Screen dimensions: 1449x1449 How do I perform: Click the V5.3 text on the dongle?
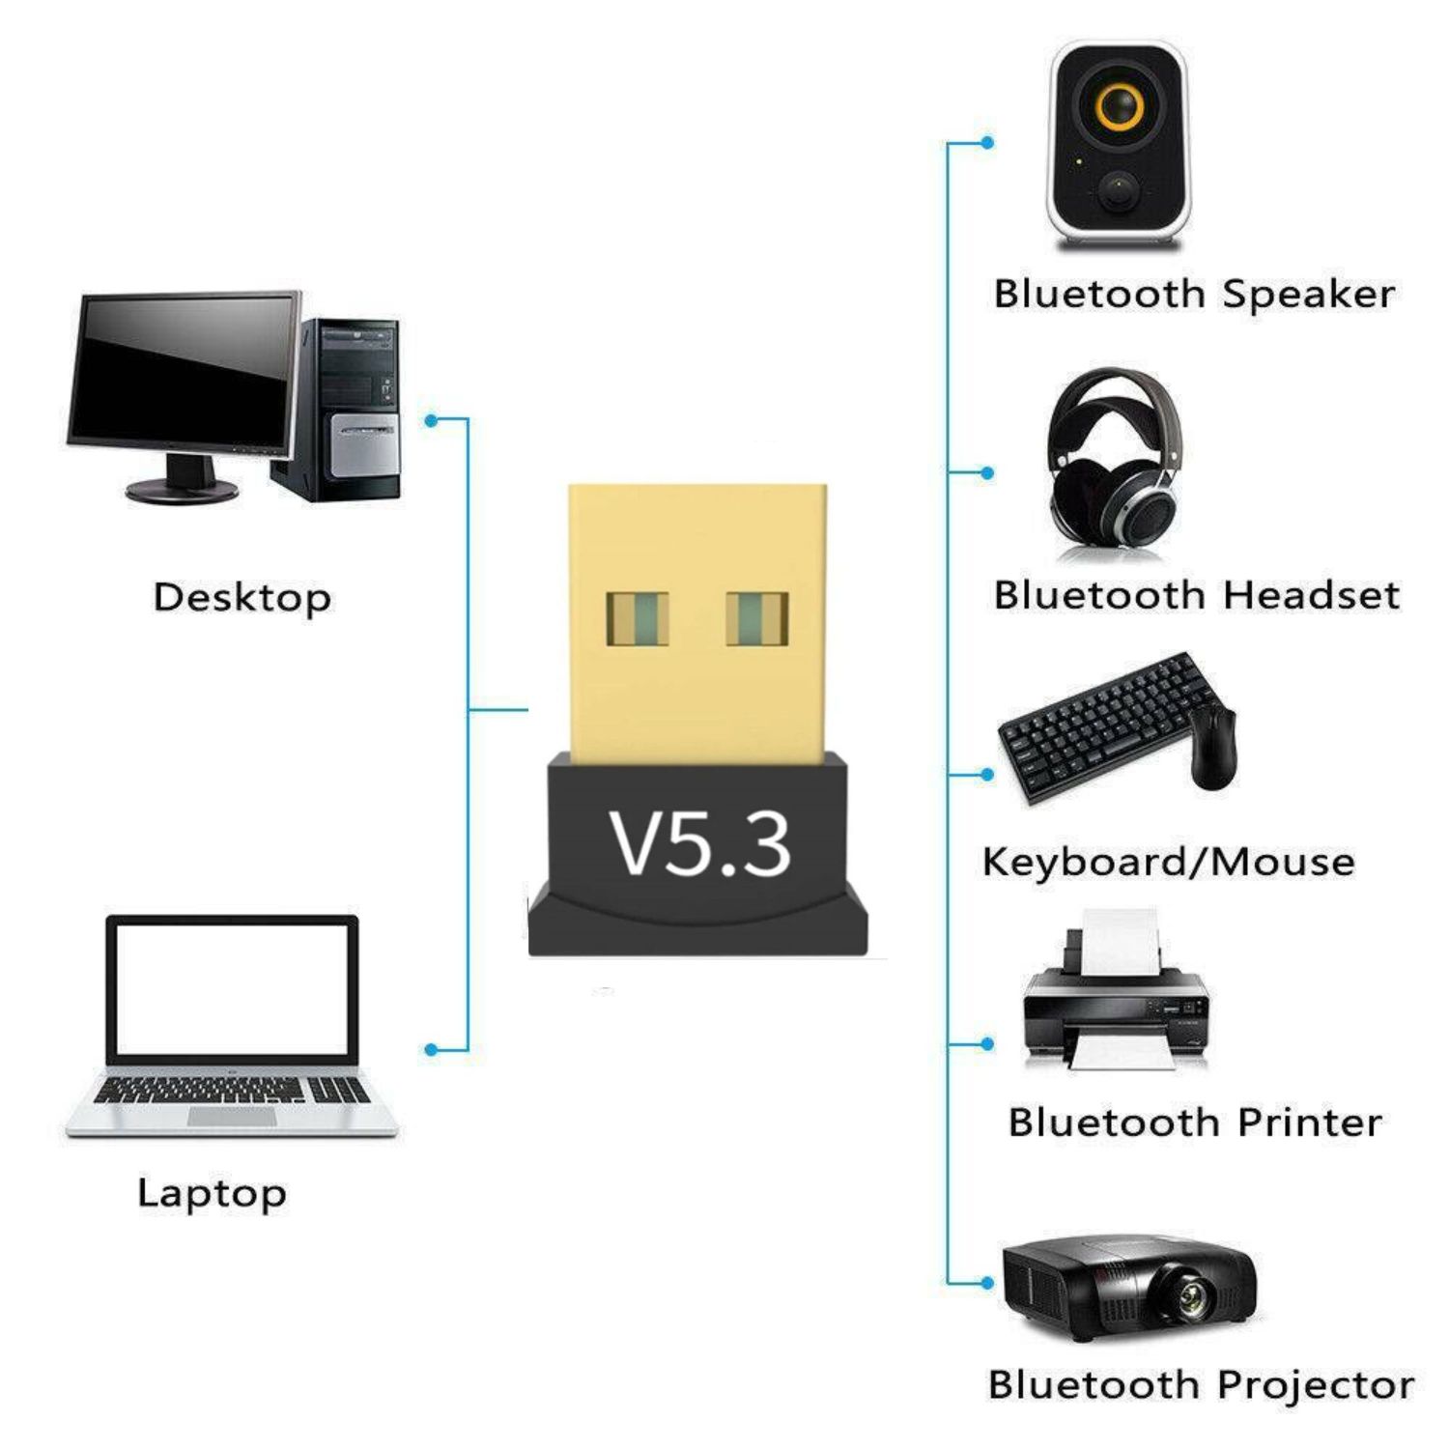[x=699, y=844]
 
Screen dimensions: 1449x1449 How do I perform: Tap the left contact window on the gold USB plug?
[x=638, y=618]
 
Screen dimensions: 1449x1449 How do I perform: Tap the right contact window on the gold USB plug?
[x=756, y=618]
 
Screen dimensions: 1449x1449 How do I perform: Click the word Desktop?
[x=241, y=597]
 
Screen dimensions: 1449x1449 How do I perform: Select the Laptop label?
[x=212, y=1193]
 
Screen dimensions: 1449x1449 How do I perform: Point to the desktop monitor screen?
[x=184, y=372]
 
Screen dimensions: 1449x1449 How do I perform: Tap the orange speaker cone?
[x=1119, y=105]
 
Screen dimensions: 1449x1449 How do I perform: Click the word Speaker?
[x=1308, y=294]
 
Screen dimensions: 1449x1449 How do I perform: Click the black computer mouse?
[x=1213, y=746]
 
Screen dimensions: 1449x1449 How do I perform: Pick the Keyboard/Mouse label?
[x=1167, y=862]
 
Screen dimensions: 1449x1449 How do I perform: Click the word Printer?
[x=1309, y=1122]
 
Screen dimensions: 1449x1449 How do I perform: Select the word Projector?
[x=1316, y=1385]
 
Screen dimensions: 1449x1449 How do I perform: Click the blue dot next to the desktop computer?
[x=432, y=420]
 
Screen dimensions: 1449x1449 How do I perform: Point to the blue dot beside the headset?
[x=986, y=473]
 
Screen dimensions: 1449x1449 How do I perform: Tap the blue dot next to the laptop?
[x=432, y=1050]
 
